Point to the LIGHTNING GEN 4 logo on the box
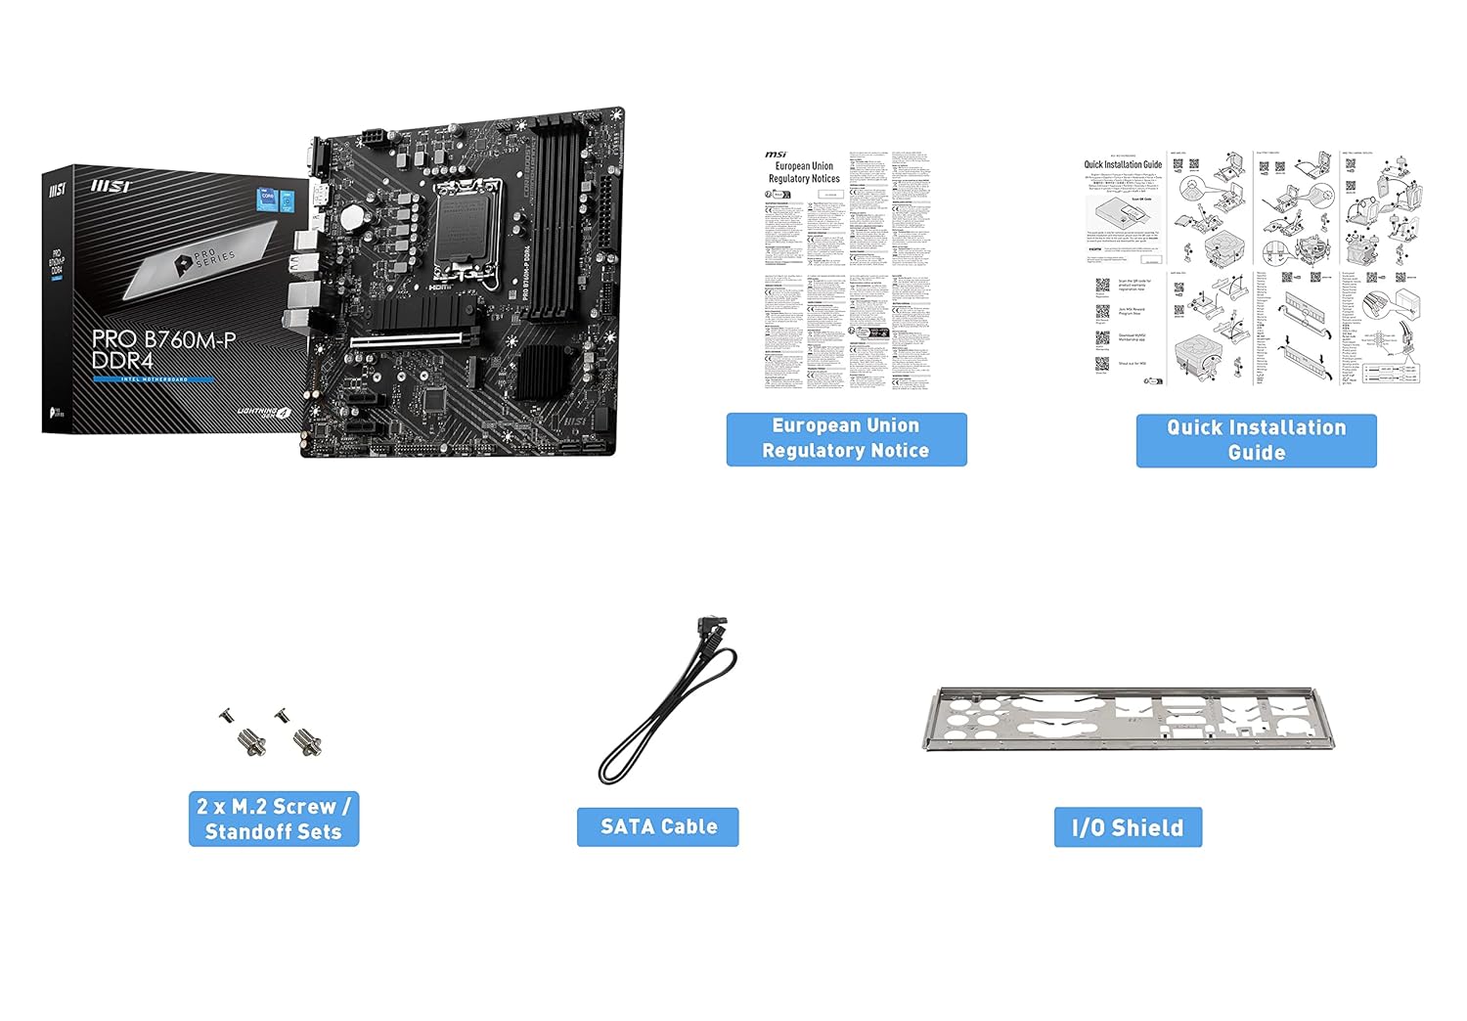[265, 412]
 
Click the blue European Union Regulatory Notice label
[846, 439]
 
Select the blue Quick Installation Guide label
[1256, 440]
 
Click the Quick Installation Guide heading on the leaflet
[1123, 164]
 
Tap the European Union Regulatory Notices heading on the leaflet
[804, 172]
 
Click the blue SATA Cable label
[657, 827]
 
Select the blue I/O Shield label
[1128, 827]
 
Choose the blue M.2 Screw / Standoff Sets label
[273, 819]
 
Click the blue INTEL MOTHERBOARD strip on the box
[153, 379]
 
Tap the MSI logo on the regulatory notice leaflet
[776, 155]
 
